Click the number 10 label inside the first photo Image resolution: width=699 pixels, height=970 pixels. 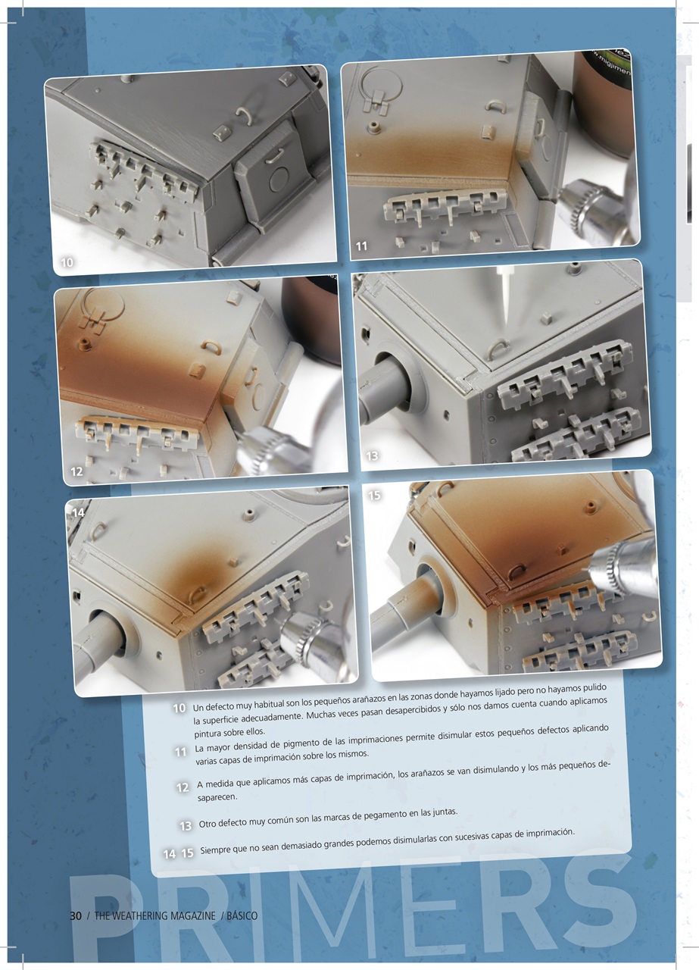click(67, 262)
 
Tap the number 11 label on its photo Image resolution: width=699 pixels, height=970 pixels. click(362, 246)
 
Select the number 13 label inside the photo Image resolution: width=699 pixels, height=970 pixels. click(373, 456)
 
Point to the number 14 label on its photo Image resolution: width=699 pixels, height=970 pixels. click(77, 512)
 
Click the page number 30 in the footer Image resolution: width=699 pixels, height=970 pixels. click(75, 915)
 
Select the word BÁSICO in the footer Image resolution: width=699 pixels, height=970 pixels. click(242, 915)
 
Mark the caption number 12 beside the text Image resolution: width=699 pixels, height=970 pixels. click(182, 787)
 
